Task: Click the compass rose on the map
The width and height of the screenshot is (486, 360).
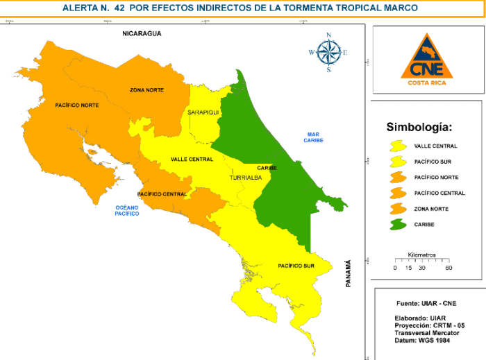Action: point(328,52)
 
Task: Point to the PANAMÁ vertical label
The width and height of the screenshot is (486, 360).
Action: point(349,273)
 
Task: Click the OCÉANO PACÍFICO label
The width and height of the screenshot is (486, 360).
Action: point(127,210)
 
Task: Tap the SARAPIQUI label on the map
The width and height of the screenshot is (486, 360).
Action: point(203,112)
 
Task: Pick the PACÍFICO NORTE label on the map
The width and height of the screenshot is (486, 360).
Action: point(77,105)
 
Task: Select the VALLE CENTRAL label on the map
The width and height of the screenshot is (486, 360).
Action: point(192,160)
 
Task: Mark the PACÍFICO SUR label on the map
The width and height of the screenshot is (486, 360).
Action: point(296,266)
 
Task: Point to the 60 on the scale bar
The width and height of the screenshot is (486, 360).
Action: point(449,268)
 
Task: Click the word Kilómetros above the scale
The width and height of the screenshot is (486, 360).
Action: point(421,255)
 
